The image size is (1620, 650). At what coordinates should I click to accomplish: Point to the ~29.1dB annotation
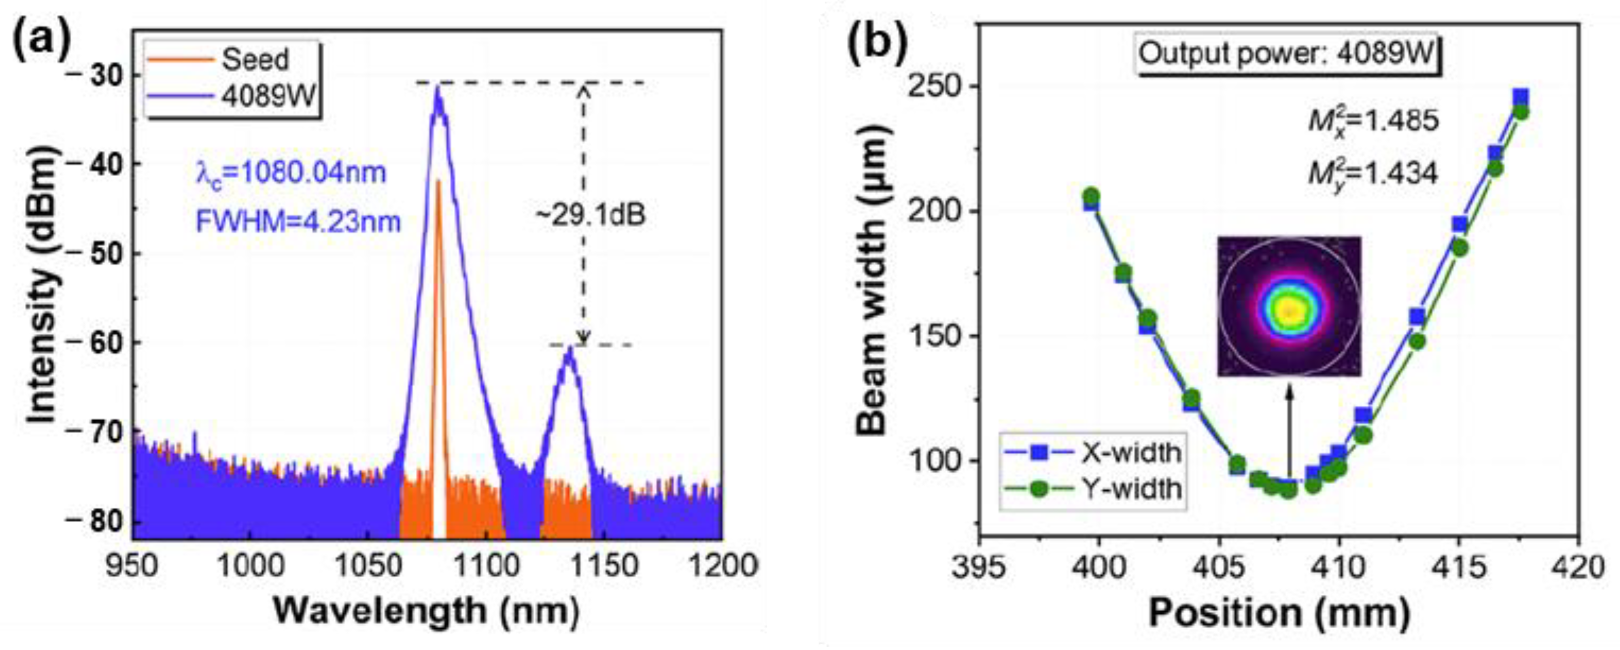click(x=590, y=215)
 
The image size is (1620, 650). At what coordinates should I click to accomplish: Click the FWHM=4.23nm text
click(x=297, y=221)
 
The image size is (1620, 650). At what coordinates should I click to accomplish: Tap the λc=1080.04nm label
click(x=291, y=172)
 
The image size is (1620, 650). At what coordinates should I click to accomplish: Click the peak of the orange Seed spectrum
click(x=439, y=181)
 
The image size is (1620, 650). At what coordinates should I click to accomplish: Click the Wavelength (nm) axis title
click(x=426, y=610)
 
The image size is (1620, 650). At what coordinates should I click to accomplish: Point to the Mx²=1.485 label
click(x=1373, y=119)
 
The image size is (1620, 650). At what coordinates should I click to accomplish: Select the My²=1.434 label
click(x=1373, y=172)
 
